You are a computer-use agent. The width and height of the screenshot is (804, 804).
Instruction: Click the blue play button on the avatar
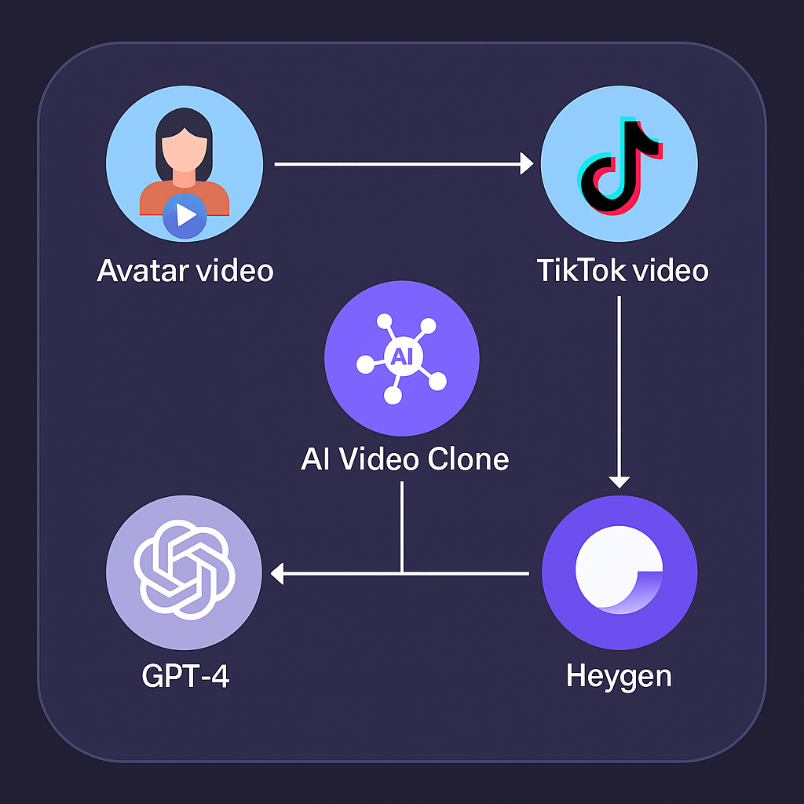185,214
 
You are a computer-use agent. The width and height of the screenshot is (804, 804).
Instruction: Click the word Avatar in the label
142,270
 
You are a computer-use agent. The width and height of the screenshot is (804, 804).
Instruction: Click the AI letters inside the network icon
400,357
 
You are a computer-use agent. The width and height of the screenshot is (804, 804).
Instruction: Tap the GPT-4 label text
185,675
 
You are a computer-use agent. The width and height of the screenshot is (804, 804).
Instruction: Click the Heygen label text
619,675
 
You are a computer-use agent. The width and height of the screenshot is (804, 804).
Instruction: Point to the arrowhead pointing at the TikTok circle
526,164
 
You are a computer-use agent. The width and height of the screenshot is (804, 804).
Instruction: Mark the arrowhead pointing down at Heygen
619,481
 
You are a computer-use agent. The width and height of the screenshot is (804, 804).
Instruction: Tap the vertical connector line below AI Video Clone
402,526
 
